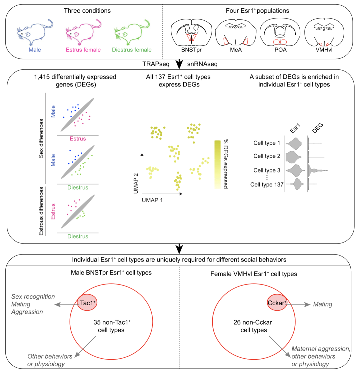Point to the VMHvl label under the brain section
pyautogui.click(x=323, y=50)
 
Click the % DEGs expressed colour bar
pyautogui.click(x=217, y=164)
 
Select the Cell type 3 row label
pyautogui.click(x=267, y=170)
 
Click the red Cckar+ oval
pyautogui.click(x=277, y=303)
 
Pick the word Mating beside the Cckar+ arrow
pyautogui.click(x=323, y=304)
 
